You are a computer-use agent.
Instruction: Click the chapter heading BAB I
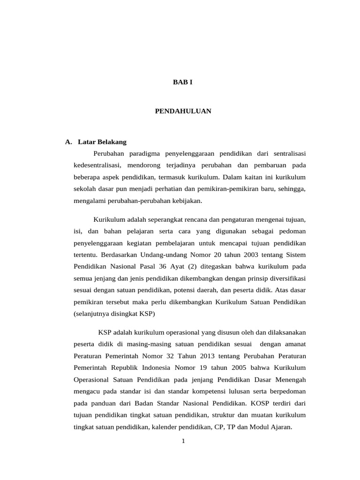(183, 82)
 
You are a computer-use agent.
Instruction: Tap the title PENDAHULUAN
(183, 111)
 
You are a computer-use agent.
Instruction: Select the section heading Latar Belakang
(102, 142)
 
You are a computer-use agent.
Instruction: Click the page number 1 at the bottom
(184, 441)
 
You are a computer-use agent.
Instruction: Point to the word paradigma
(143, 153)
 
